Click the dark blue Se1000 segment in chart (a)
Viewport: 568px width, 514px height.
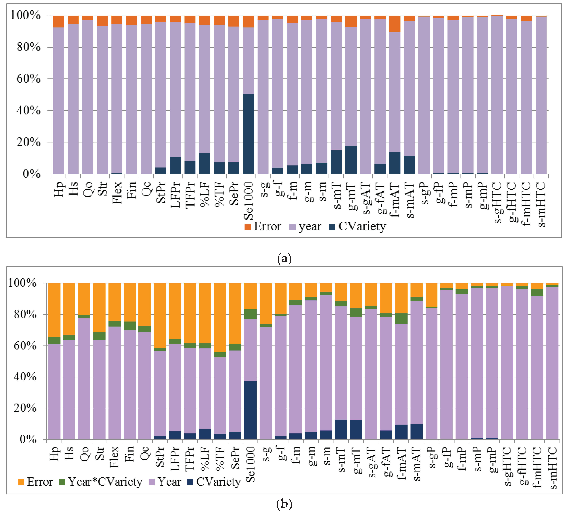tap(248, 134)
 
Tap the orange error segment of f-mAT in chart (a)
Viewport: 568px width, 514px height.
tap(395, 24)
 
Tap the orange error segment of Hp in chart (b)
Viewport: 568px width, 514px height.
tap(54, 310)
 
